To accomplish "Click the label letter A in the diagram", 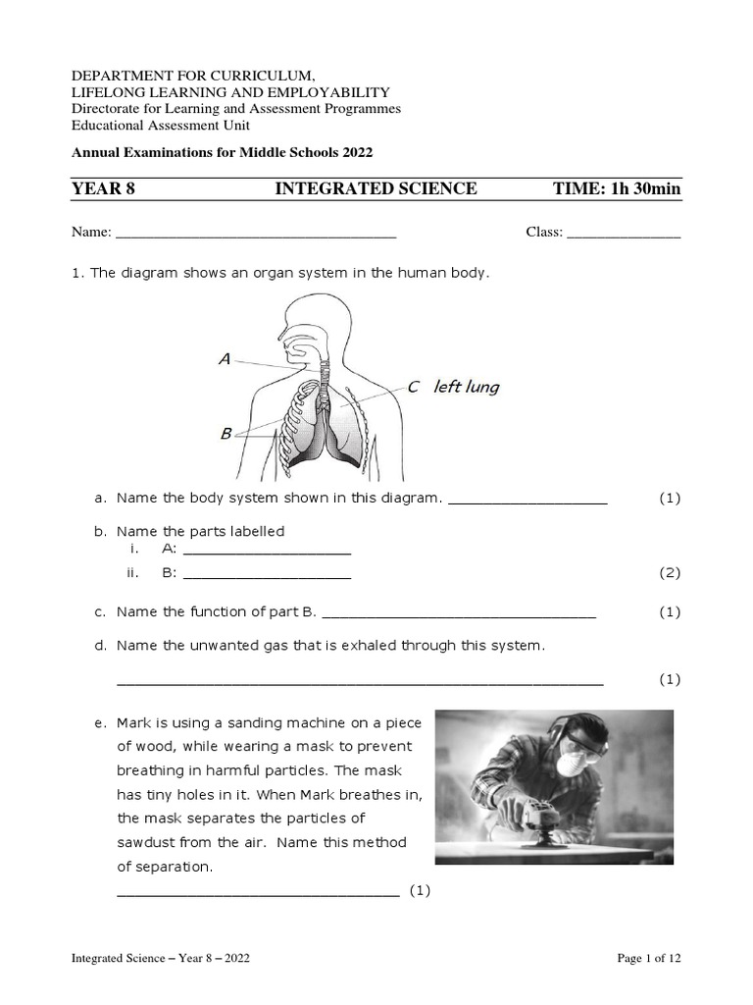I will (225, 359).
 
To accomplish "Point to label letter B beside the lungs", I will (226, 433).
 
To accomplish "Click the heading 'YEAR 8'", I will (103, 188).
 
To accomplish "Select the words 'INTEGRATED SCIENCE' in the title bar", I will (376, 188).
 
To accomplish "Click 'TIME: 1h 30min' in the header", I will (617, 188).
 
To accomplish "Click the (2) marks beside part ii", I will (670, 573).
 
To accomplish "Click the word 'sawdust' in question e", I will (143, 842).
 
